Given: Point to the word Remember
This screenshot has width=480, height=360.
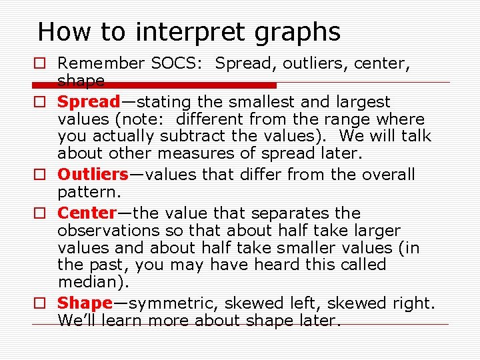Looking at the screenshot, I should pyautogui.click(x=101, y=63).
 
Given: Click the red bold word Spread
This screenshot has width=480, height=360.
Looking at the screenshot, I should pyautogui.click(x=89, y=102).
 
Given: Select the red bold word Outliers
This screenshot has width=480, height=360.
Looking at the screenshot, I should pyautogui.click(x=93, y=175).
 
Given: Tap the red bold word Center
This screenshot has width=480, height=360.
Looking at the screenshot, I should pyautogui.click(x=87, y=213).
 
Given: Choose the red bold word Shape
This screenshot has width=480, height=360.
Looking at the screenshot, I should pyautogui.click(x=85, y=303).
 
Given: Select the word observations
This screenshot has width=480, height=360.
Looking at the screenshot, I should pyautogui.click(x=105, y=231).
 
